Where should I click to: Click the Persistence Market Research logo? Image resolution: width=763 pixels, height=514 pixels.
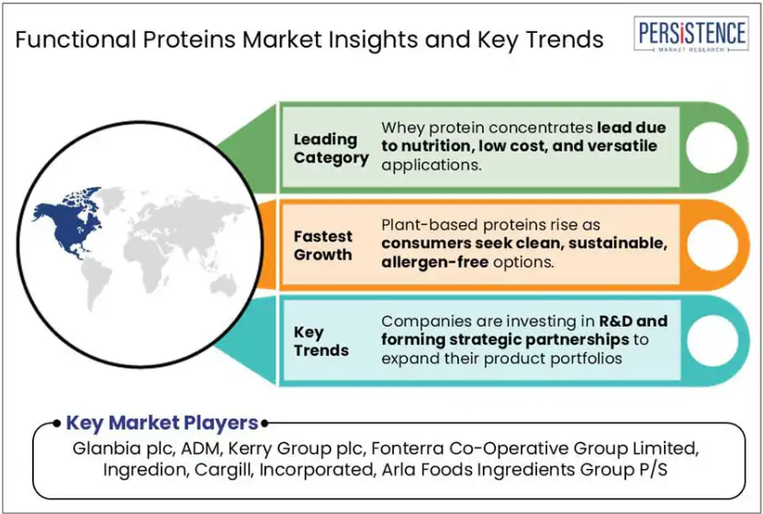click(691, 34)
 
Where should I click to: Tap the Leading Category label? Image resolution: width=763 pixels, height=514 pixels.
click(331, 149)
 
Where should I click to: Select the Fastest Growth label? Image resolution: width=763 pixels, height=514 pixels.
click(323, 245)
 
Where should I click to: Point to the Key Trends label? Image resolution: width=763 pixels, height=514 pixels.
click(321, 341)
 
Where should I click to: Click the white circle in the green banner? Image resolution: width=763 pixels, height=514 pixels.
click(712, 148)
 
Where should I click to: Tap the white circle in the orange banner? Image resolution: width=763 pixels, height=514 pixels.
click(713, 244)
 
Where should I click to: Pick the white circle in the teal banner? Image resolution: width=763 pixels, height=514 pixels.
click(713, 341)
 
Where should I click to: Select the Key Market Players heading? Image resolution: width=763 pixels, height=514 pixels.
click(162, 422)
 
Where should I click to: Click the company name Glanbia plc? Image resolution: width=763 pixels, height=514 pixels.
click(124, 448)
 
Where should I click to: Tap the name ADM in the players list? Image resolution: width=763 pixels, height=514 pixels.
click(201, 448)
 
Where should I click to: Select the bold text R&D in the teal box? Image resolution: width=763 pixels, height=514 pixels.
click(615, 321)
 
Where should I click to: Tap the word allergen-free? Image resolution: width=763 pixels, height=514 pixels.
click(434, 263)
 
